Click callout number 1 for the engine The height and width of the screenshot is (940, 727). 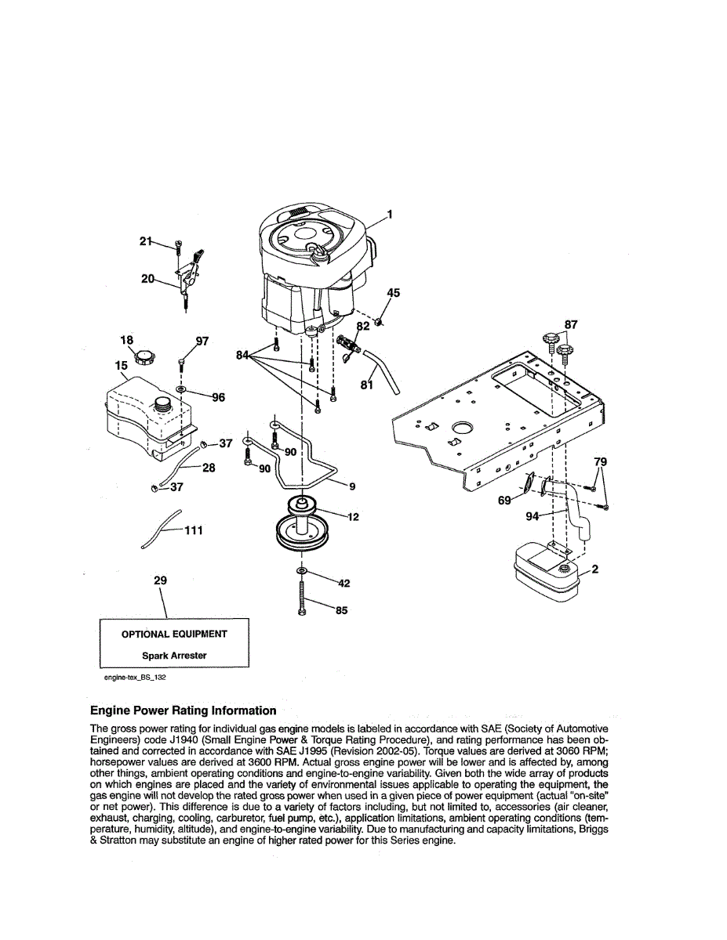click(389, 214)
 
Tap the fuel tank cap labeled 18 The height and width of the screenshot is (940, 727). click(144, 357)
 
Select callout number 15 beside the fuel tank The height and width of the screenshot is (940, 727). click(122, 366)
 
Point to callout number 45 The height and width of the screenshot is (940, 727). click(394, 293)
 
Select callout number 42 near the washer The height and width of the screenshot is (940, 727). click(344, 583)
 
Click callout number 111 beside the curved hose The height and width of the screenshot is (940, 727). click(194, 530)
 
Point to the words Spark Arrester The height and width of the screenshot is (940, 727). click(174, 656)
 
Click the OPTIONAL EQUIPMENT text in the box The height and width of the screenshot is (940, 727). click(174, 634)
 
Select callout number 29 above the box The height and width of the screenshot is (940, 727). click(161, 580)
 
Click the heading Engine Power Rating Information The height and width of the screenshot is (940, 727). click(183, 710)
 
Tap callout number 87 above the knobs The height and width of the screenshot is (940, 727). click(571, 324)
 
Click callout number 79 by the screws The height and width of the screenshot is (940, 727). click(600, 462)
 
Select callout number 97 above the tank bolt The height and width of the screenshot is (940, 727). click(202, 341)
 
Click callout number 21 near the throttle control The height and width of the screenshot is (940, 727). click(146, 241)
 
